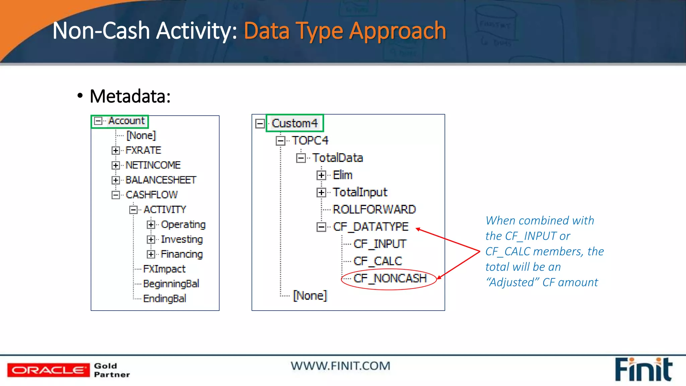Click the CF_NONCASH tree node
[x=390, y=278]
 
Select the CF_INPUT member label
[x=380, y=244]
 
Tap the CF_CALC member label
[x=378, y=261]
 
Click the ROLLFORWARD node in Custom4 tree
[x=374, y=209]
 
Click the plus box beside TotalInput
[x=321, y=192]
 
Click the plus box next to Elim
[x=321, y=175]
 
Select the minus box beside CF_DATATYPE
[x=321, y=227]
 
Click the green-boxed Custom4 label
[x=295, y=123]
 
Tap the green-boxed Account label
[x=126, y=121]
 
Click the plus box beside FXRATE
[x=116, y=150]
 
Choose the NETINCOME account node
[x=153, y=165]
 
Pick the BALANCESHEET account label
[x=161, y=180]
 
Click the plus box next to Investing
[x=151, y=240]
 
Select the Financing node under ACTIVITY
[x=182, y=254]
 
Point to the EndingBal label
[x=164, y=299]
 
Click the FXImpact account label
[x=164, y=269]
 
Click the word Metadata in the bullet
[x=130, y=96]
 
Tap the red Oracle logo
[x=48, y=370]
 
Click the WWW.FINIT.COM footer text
[x=340, y=366]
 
